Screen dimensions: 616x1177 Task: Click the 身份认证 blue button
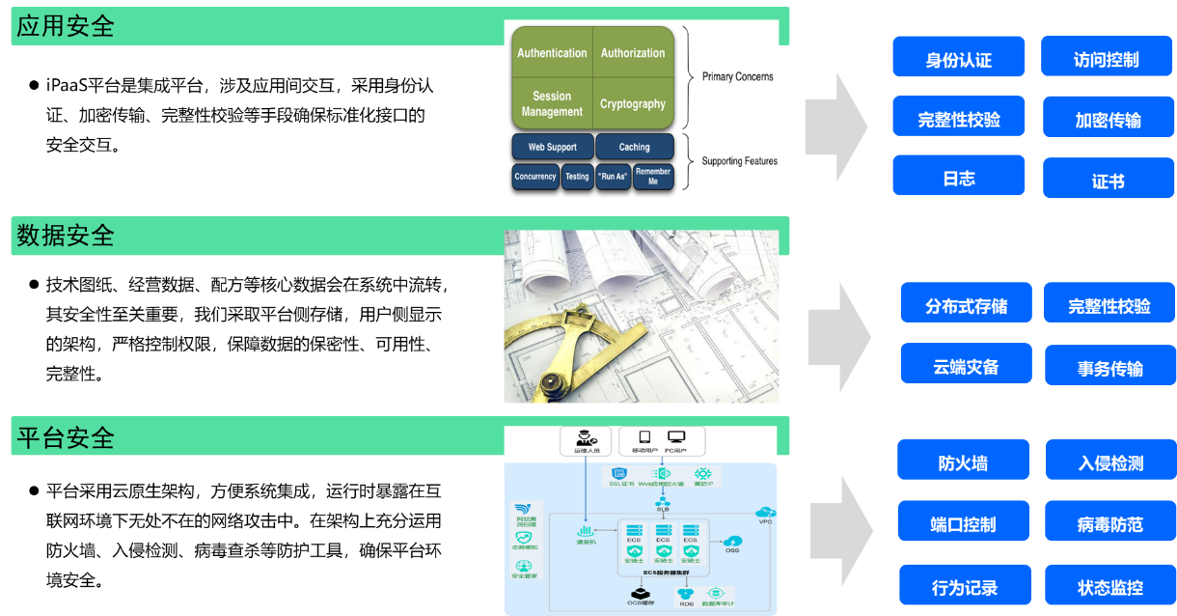(x=958, y=58)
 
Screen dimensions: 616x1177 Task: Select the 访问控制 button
(x=1106, y=58)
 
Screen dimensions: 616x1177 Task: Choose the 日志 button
(x=958, y=177)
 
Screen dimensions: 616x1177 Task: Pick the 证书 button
(x=1108, y=180)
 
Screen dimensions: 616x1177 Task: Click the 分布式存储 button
(x=966, y=304)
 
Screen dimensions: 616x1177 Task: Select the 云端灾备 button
(x=966, y=365)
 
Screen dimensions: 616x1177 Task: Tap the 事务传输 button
(x=1109, y=367)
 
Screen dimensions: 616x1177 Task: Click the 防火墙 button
(x=962, y=462)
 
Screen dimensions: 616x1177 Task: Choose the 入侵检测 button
(x=1109, y=462)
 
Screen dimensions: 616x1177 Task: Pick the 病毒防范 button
(x=1109, y=522)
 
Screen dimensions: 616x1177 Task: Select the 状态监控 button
(x=1109, y=585)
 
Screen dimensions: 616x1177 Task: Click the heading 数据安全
(x=66, y=235)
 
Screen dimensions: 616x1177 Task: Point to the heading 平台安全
(x=66, y=437)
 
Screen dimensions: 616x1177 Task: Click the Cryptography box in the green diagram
(x=632, y=103)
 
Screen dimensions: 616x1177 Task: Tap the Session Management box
(x=552, y=103)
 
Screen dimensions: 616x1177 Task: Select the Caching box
(x=634, y=147)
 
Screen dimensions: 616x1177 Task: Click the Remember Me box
(x=652, y=176)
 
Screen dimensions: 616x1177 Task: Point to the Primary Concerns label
(x=737, y=76)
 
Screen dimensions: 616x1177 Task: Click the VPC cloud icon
(x=766, y=512)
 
